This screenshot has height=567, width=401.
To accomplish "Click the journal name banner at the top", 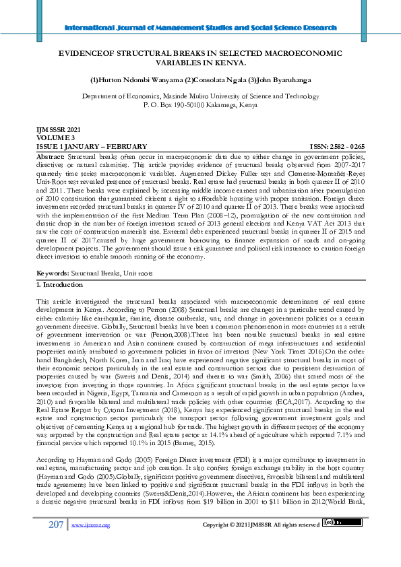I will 200,28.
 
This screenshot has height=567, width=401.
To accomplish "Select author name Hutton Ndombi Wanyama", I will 133,80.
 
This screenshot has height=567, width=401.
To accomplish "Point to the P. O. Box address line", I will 200,106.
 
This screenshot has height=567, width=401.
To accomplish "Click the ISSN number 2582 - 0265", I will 348,146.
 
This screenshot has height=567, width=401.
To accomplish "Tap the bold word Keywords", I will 53,273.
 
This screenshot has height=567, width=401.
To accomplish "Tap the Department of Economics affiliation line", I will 200,96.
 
